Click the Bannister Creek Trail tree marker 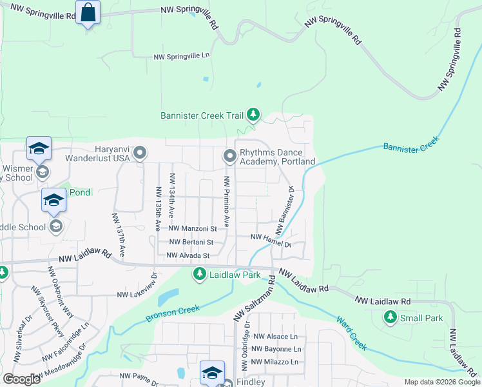(254, 115)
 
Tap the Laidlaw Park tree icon (200, 275)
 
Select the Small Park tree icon (389, 317)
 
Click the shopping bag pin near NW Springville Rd (88, 12)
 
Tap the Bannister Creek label (411, 144)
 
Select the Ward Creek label (351, 333)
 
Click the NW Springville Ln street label (182, 56)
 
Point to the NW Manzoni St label (193, 228)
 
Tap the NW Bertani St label (191, 242)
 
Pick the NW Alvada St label (188, 255)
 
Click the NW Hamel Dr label (271, 241)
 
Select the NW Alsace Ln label (276, 337)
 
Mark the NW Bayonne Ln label (277, 349)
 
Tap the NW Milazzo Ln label (276, 362)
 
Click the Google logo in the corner (21, 379)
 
